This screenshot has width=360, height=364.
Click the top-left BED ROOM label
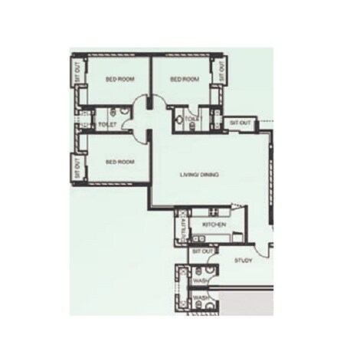[121, 80]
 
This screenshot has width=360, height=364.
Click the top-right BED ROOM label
[185, 80]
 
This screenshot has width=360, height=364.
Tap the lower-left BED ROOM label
[120, 162]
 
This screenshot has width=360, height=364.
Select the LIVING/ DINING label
[200, 175]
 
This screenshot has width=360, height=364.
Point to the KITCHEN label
[212, 225]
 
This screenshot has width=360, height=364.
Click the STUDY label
[244, 261]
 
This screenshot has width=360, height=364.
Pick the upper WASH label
[201, 281]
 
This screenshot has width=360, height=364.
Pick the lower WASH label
[201, 297]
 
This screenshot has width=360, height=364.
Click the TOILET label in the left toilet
[107, 124]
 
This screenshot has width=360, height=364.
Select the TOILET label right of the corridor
[192, 120]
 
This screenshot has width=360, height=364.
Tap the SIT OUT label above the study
[202, 251]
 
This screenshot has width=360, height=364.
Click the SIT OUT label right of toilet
[241, 123]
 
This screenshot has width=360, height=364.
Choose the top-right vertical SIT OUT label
[222, 72]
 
